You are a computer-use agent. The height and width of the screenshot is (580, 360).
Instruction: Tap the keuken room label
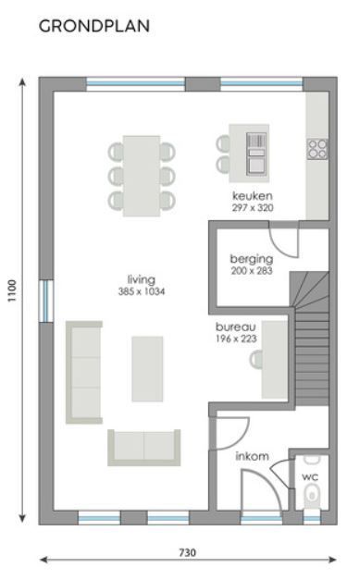point(253,197)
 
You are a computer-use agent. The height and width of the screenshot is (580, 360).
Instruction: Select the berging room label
point(251,259)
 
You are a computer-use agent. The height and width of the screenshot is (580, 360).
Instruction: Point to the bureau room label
point(236,327)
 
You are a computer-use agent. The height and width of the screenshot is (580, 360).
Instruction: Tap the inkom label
point(253,456)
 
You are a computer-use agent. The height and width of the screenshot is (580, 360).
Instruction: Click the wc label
point(311,476)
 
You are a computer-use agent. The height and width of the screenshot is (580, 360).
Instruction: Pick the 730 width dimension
point(187,552)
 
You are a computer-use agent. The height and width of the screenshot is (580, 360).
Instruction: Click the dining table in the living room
point(142,174)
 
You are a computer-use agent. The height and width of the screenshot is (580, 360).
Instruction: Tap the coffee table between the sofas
point(147,368)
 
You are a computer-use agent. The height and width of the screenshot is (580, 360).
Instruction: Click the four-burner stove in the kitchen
point(317,148)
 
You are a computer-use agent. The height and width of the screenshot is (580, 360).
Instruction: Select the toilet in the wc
point(312,497)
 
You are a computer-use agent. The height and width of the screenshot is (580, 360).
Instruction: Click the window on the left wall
point(45,301)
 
